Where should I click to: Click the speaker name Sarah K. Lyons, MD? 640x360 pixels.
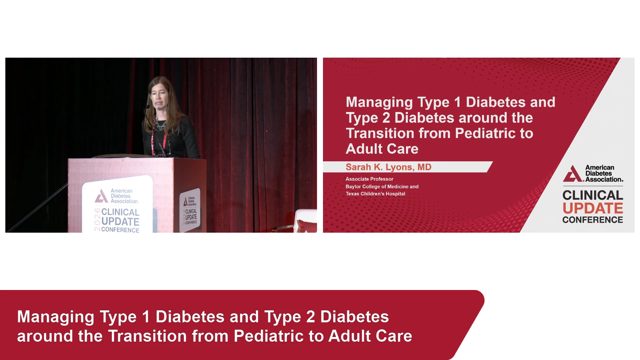[388, 167]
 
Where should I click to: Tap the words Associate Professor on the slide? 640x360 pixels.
[369, 179]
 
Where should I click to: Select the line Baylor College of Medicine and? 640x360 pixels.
[382, 187]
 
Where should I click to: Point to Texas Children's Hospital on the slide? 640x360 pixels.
[375, 194]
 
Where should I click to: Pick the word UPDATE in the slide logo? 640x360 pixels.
[593, 208]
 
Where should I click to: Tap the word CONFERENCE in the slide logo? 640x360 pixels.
[593, 220]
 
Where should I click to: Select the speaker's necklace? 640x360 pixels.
[161, 124]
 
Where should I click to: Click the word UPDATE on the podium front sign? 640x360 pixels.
[120, 222]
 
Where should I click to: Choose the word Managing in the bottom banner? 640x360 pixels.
[56, 317]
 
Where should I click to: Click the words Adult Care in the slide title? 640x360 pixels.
[382, 149]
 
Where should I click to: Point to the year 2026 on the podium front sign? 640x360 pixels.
[97, 219]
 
